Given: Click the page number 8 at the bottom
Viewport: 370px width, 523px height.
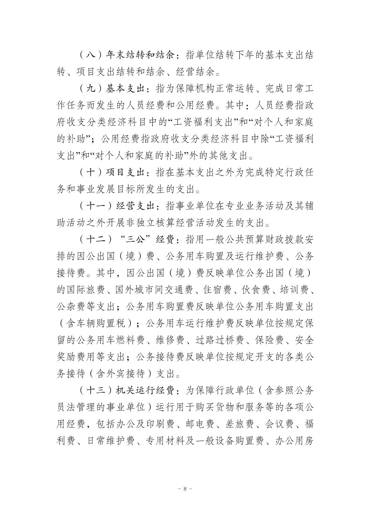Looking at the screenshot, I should coord(185,489).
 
